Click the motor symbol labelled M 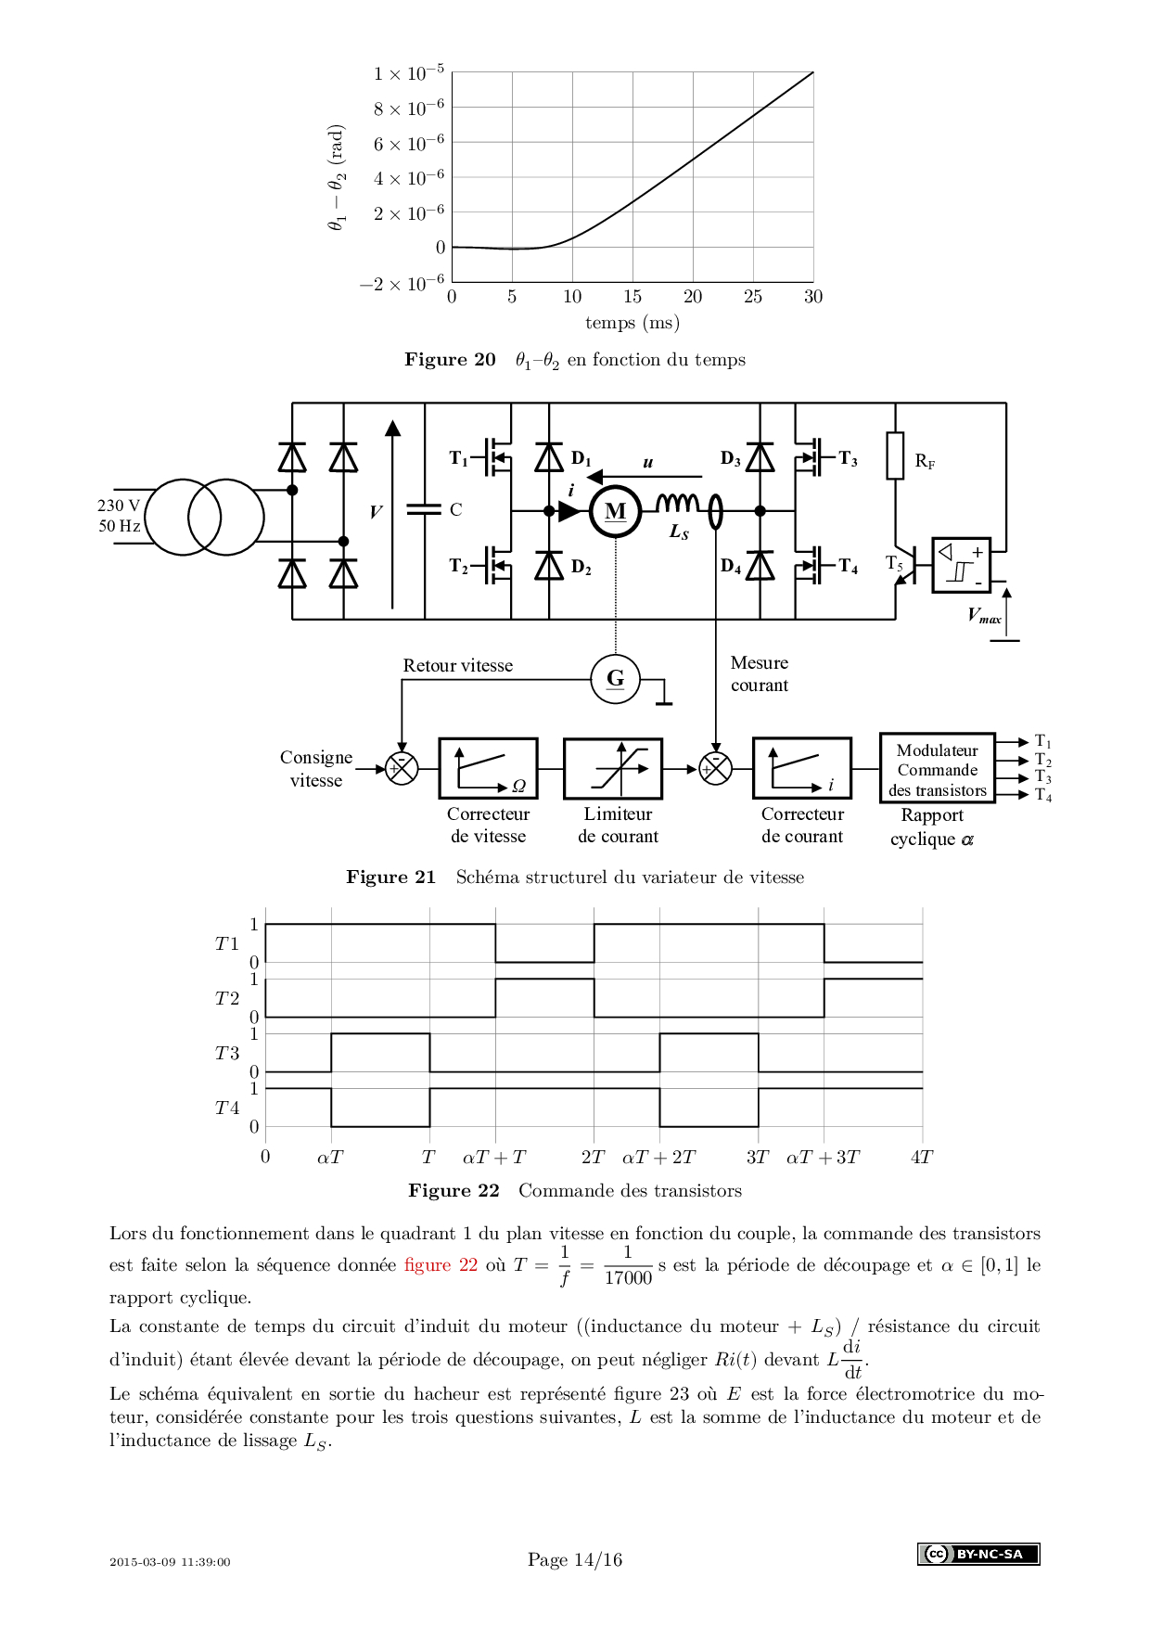tap(615, 511)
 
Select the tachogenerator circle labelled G tap(616, 679)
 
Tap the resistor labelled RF tap(895, 455)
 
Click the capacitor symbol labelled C tap(425, 509)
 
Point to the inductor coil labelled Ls tap(678, 503)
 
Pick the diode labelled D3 tap(760, 458)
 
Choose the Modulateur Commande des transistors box tap(937, 768)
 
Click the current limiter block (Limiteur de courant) tap(613, 769)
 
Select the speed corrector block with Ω tap(488, 768)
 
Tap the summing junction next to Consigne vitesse tap(402, 768)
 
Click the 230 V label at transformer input tap(119, 506)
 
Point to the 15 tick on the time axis tap(632, 297)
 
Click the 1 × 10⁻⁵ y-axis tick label tap(409, 73)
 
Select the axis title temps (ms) tap(632, 323)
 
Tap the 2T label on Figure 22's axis tap(593, 1158)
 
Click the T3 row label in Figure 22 tap(227, 1054)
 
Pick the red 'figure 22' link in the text tap(441, 1265)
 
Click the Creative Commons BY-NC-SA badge tap(978, 1554)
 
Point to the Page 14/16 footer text tap(575, 1560)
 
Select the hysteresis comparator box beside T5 tap(961, 565)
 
